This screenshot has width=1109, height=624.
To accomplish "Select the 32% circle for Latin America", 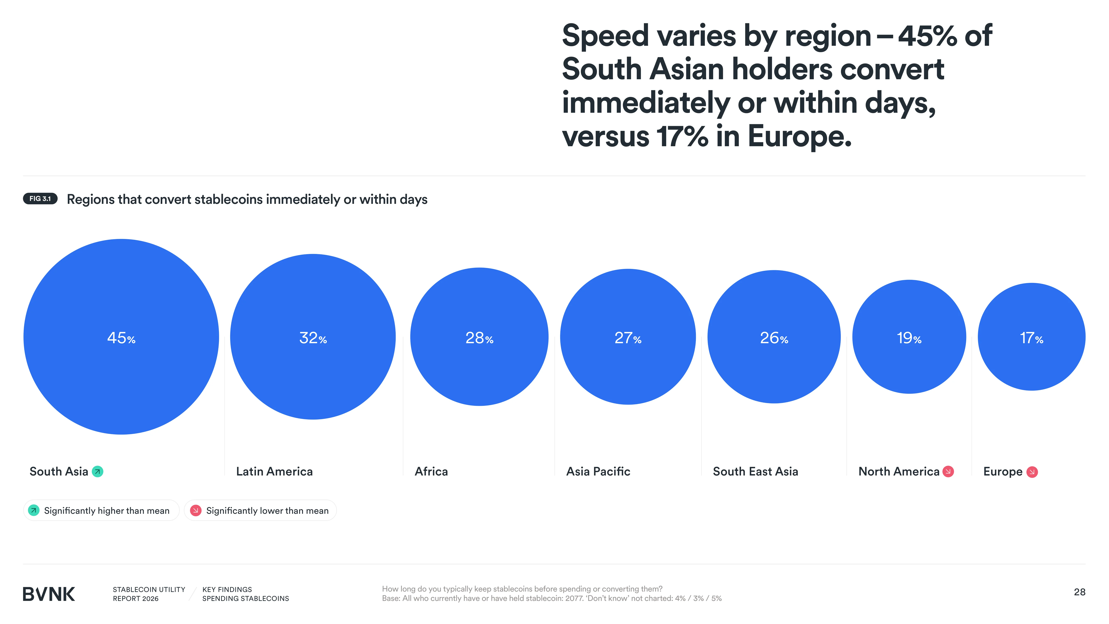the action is pyautogui.click(x=313, y=337).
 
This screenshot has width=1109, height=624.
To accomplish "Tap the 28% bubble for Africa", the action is pyautogui.click(x=479, y=337).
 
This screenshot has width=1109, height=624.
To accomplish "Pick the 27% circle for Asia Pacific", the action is pyautogui.click(x=628, y=337).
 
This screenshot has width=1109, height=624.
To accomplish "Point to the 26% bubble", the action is pyautogui.click(x=774, y=337).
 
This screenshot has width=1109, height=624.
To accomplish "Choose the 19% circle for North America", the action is pyautogui.click(x=909, y=337).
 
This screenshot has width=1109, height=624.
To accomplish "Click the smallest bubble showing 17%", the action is pyautogui.click(x=1031, y=337).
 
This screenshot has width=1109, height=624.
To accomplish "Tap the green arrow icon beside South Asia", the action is pyautogui.click(x=98, y=472).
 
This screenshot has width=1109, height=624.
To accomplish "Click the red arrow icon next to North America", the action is pyautogui.click(x=948, y=472).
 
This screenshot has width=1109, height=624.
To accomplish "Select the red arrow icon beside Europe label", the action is pyautogui.click(x=1032, y=472).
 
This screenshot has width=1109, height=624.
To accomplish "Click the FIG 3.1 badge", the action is pyautogui.click(x=40, y=198).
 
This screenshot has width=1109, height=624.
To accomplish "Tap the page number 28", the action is pyautogui.click(x=1079, y=592).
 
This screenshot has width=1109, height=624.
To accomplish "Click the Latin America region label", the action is pyautogui.click(x=274, y=472).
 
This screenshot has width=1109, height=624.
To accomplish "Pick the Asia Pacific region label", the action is pyautogui.click(x=598, y=472).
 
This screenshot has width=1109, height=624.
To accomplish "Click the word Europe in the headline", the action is pyautogui.click(x=799, y=136).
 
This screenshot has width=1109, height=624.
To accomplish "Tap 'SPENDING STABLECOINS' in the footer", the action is pyautogui.click(x=245, y=599).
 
